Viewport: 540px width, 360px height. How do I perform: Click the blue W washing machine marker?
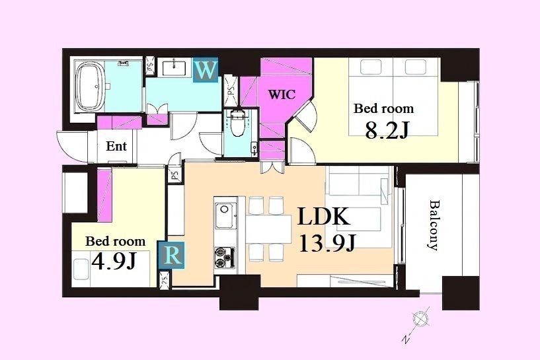206,71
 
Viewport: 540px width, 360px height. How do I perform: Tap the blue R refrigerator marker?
171,256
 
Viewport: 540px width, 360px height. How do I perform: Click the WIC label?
282,94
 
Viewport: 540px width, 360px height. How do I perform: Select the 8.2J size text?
387,130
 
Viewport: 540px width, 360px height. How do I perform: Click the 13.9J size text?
327,243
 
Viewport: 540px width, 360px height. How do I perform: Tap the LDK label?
323,217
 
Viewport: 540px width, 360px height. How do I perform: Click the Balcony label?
434,225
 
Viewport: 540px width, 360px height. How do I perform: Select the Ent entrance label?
116,146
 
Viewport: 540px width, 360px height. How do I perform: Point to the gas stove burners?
225,258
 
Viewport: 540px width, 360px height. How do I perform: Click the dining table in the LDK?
268,229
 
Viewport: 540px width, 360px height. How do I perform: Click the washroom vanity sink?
174,67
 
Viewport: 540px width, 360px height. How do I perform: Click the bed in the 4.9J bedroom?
111,269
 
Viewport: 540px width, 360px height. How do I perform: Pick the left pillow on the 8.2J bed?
371,67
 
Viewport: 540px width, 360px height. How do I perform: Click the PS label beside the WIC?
231,91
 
